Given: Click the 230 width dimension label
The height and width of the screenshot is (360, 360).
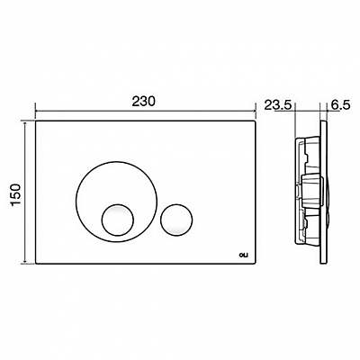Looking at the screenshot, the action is click(144, 102).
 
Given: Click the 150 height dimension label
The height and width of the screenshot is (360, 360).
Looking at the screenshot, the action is click(15, 194).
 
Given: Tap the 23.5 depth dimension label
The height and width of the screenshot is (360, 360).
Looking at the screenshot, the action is click(278, 105).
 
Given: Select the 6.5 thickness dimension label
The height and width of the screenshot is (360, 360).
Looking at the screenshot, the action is click(341, 105).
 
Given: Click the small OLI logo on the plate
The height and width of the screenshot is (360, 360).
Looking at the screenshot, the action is click(242, 256).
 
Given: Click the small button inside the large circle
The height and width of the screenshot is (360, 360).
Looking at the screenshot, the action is click(117, 220).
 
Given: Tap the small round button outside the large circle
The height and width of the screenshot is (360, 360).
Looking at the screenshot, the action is click(176, 220).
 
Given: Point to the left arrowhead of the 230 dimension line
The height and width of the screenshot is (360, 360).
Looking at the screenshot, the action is click(38, 112).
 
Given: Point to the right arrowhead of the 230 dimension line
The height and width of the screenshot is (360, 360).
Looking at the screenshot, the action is click(253, 112).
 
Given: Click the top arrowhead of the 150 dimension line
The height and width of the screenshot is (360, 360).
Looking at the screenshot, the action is click(25, 124).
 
